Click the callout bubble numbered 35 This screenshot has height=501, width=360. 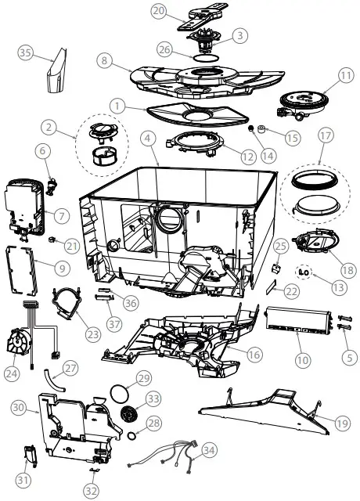point(25,52)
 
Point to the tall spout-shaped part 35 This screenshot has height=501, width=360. point(55,75)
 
